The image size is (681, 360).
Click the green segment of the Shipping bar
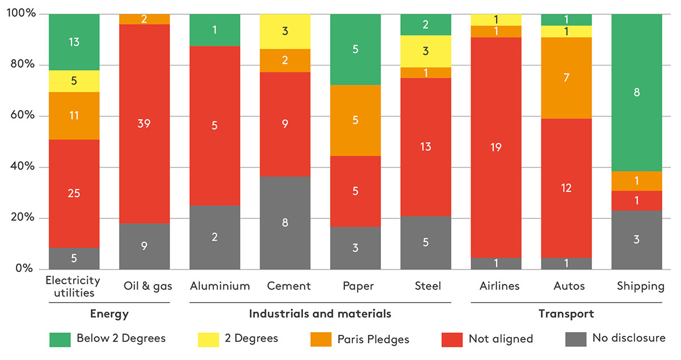[636, 92]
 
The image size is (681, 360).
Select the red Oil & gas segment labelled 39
[144, 124]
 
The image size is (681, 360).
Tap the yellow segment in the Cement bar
[285, 31]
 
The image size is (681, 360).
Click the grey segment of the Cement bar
[285, 223]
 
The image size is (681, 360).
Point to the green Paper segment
[355, 49]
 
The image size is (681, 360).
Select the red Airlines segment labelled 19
[496, 147]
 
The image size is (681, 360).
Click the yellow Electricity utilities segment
[74, 81]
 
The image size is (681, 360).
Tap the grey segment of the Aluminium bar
[215, 237]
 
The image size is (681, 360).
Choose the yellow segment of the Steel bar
[426, 51]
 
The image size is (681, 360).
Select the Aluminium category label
[220, 286]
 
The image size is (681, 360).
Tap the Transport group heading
[566, 313]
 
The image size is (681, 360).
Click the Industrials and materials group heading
[320, 313]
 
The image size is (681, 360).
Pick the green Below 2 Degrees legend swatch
[60, 339]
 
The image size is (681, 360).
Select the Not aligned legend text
[501, 339]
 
